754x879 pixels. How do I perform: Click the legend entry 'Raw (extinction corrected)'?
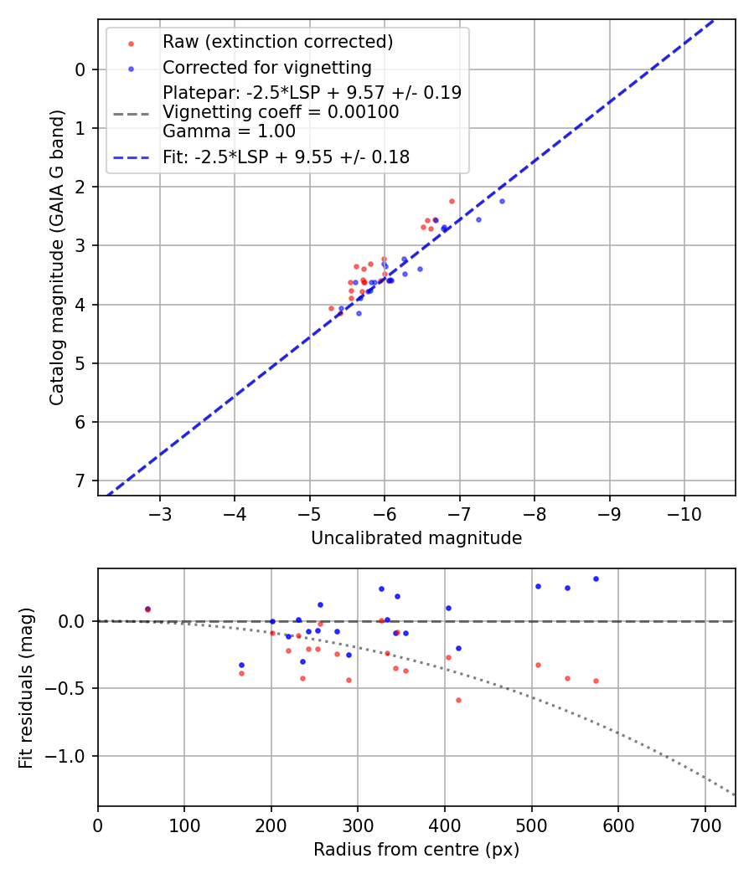[x=277, y=42]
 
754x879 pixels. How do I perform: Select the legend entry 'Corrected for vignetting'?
[x=266, y=67]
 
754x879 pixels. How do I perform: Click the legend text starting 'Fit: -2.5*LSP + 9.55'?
[x=286, y=157]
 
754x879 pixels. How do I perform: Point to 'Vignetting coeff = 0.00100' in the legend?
[x=281, y=112]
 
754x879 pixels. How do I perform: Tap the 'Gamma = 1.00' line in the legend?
[x=229, y=131]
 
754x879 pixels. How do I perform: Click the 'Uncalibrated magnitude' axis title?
[x=416, y=538]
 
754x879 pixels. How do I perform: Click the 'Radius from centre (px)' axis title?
[x=416, y=850]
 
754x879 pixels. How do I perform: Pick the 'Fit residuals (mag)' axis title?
[x=27, y=687]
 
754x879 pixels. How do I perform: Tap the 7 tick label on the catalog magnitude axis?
[x=80, y=481]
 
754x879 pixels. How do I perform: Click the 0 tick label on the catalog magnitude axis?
[x=80, y=69]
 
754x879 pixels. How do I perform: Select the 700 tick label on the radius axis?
[x=705, y=825]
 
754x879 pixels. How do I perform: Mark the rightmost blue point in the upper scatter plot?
[x=502, y=201]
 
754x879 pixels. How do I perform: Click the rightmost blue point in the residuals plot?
[x=596, y=578]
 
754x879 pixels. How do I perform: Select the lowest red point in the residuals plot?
[x=458, y=700]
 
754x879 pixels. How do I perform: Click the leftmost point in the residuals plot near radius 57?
[x=147, y=609]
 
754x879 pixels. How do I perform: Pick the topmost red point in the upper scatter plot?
[x=452, y=201]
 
